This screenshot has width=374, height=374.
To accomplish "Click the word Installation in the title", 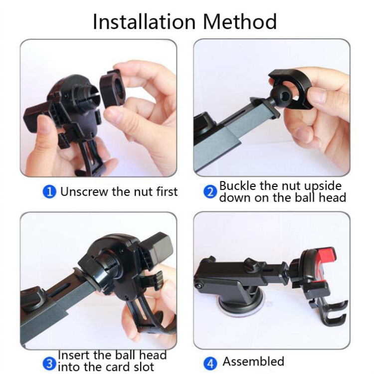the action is coord(144,22).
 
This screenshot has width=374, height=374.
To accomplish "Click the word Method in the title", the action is coord(240,22).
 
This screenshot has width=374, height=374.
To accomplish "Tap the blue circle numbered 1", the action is coord(49,192).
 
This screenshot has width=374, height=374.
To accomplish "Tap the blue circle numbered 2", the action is coord(210,192).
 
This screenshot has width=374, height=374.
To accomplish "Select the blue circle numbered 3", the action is coord(49,364).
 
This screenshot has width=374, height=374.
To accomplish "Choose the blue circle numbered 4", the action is coord(210,364).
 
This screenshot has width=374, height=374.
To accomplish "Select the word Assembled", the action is coord(253,362).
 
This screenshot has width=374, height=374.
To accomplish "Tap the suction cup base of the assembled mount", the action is coord(241,307).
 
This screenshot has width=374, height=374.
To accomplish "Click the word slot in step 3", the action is coord(143,367).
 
